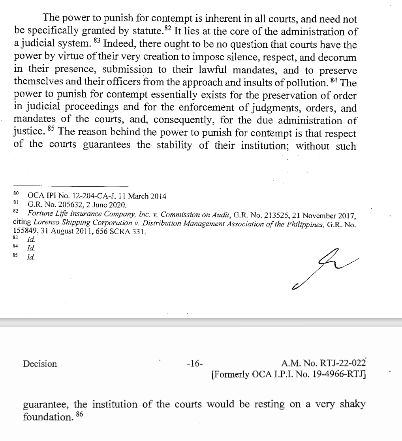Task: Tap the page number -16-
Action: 194,364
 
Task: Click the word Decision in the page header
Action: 39,364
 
